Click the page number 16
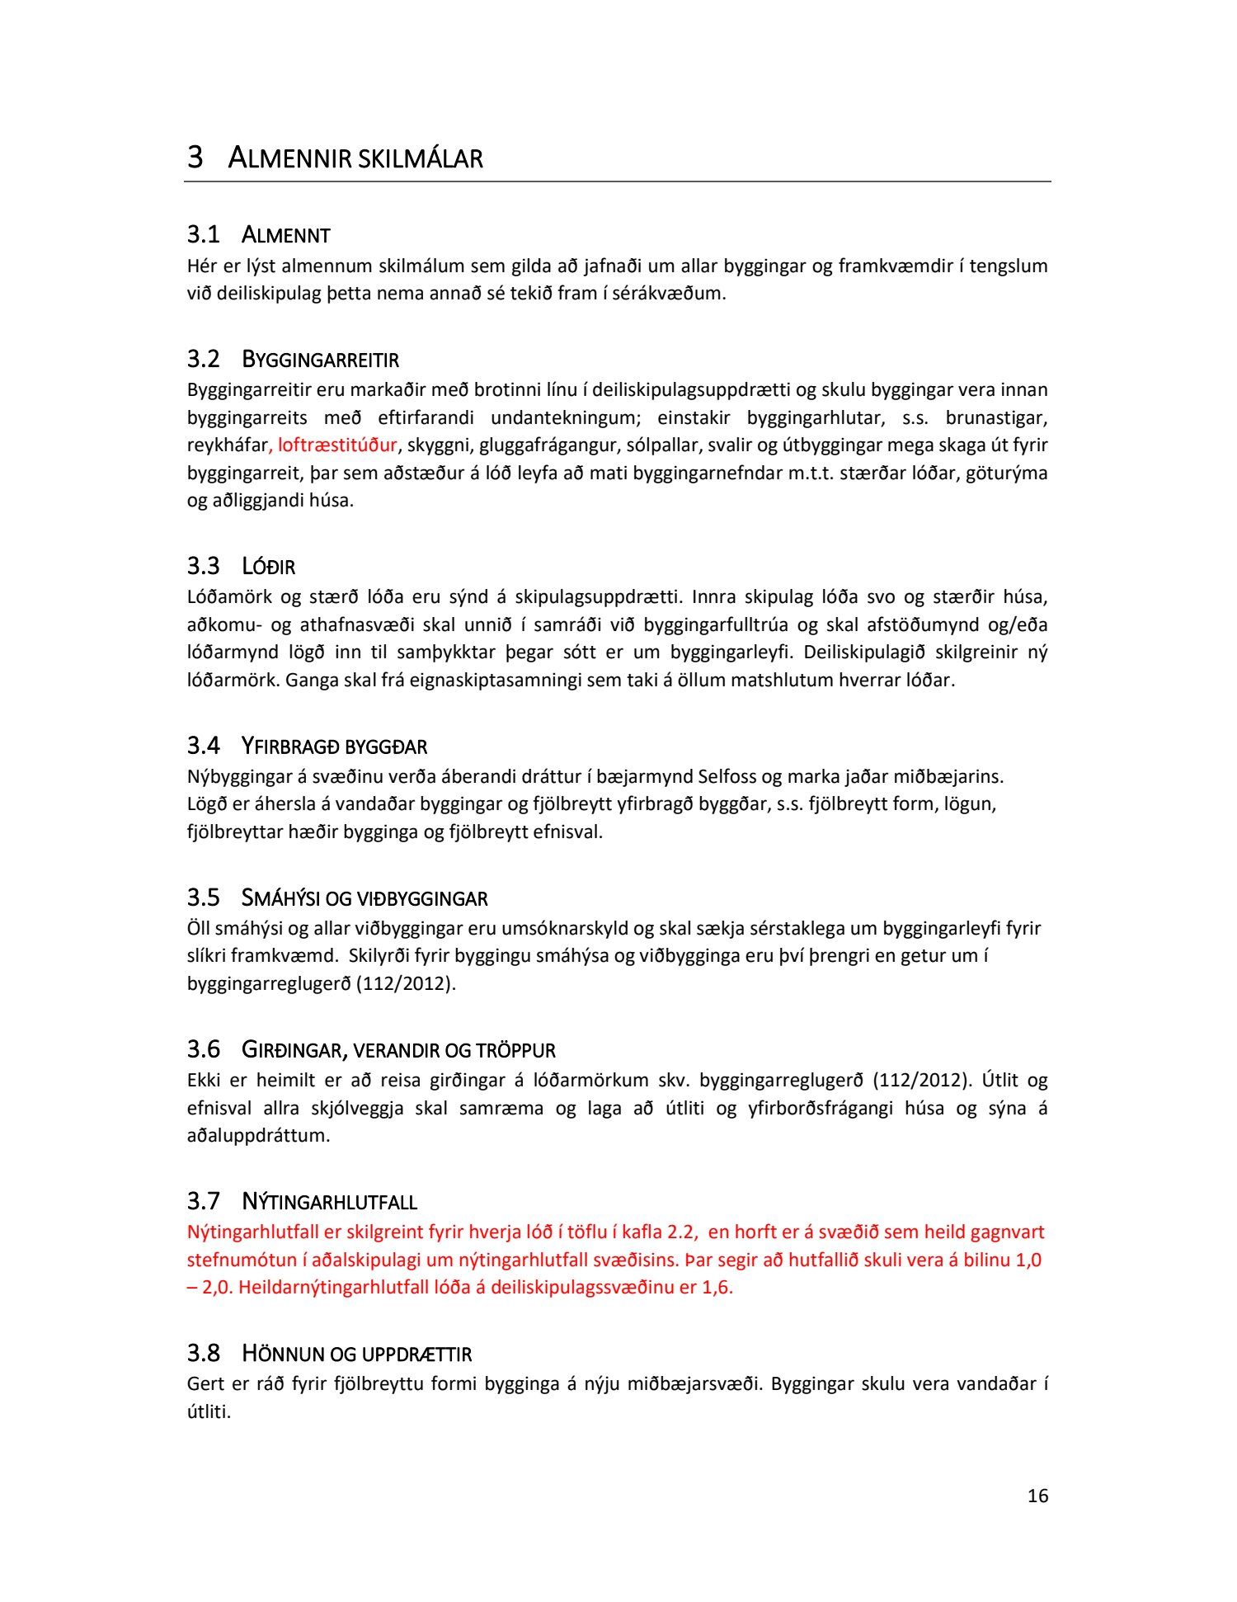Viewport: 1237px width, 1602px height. (x=1037, y=1496)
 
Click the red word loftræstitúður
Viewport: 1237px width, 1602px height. (x=337, y=445)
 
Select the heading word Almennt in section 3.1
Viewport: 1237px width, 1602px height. (x=285, y=236)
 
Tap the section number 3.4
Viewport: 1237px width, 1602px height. (x=203, y=746)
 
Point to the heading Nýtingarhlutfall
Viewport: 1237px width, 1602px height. (x=329, y=1202)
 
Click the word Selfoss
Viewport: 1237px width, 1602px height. (x=727, y=776)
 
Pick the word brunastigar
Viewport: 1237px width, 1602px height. (x=996, y=417)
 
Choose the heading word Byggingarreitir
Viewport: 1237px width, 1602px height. (x=320, y=360)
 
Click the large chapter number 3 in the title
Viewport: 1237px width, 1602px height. (x=195, y=157)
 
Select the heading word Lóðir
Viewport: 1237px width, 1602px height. (x=268, y=567)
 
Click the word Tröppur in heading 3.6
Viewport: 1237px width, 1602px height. (x=515, y=1050)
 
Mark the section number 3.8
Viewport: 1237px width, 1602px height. (x=203, y=1354)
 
